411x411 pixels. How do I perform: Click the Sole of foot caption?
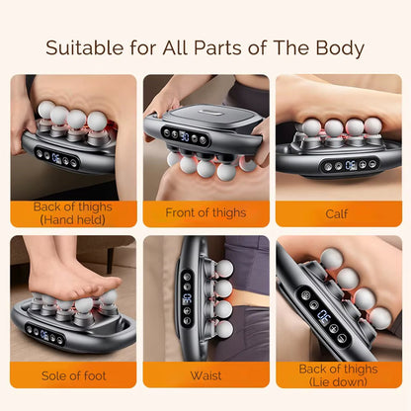tap(73, 375)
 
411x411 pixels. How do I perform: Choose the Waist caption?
tap(205, 375)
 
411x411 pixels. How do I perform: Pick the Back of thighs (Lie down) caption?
tap(337, 375)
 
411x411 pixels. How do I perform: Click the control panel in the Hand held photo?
tap(57, 157)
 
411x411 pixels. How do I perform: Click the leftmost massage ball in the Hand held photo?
tap(45, 110)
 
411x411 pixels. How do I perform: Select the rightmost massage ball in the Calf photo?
tap(372, 126)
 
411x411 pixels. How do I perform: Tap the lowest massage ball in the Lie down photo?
tap(380, 318)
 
